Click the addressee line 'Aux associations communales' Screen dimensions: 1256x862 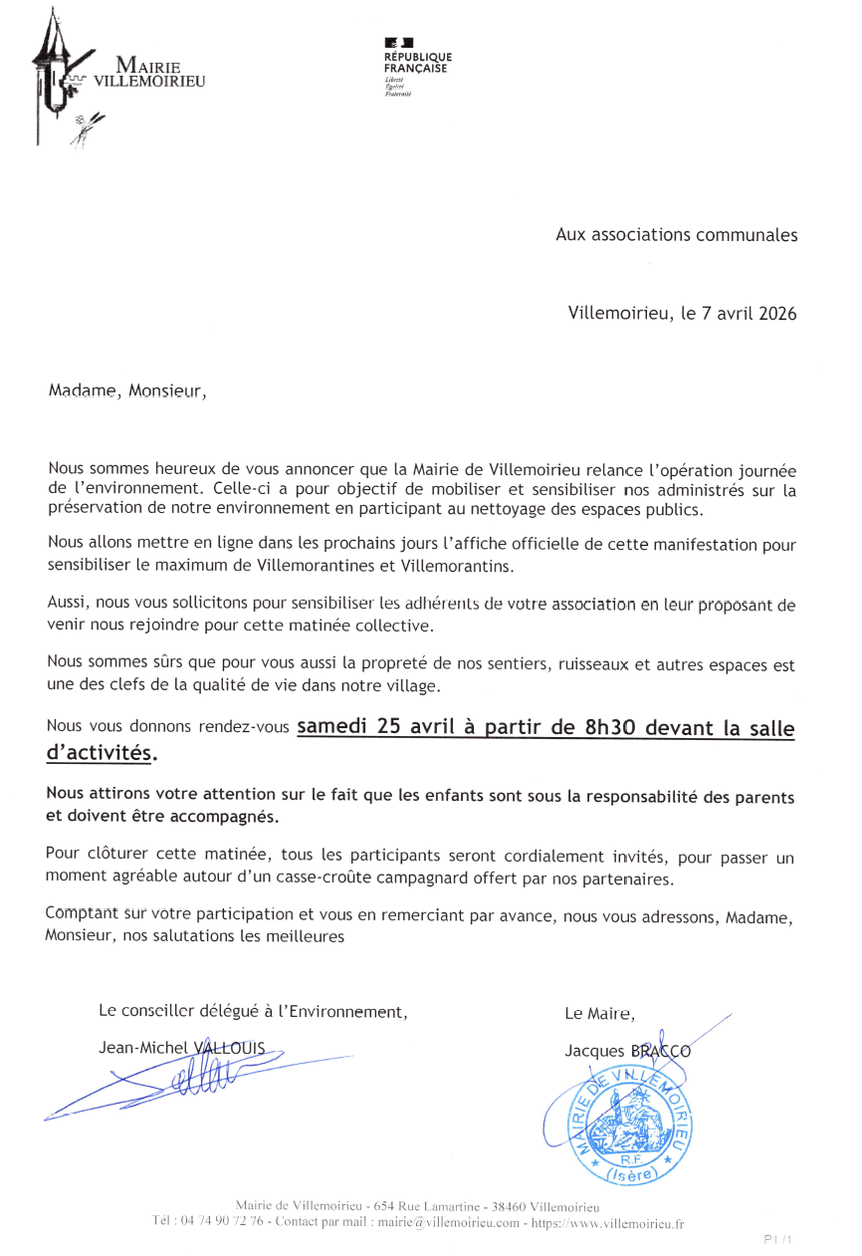676,235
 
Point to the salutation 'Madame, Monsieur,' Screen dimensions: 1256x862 127,390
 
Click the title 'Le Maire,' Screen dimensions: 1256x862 599,1014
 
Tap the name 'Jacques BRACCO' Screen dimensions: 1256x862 627,1051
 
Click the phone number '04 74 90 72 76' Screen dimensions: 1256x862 221,1222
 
